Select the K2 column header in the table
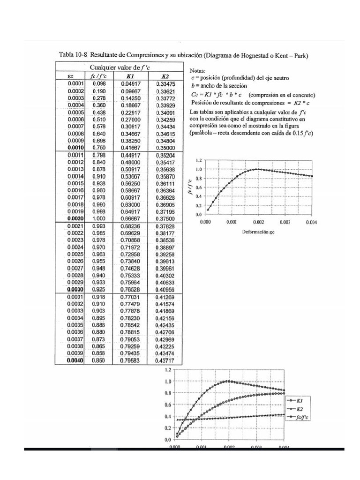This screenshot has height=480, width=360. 165,76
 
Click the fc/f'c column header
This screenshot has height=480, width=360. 99,76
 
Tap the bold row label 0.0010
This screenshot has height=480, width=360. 75,147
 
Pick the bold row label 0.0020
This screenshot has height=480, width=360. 75,218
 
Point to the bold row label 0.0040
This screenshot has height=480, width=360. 75,360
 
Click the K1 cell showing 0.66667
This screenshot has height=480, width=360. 130,218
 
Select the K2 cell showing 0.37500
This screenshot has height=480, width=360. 165,218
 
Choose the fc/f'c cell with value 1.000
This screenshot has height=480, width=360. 99,218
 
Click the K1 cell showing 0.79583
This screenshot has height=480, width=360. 130,360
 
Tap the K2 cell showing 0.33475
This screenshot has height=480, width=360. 165,83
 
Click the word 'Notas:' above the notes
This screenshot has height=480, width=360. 199,70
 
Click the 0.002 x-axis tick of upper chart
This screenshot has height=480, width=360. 257,222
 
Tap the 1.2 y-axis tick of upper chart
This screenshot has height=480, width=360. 198,160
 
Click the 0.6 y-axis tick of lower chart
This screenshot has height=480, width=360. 168,405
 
